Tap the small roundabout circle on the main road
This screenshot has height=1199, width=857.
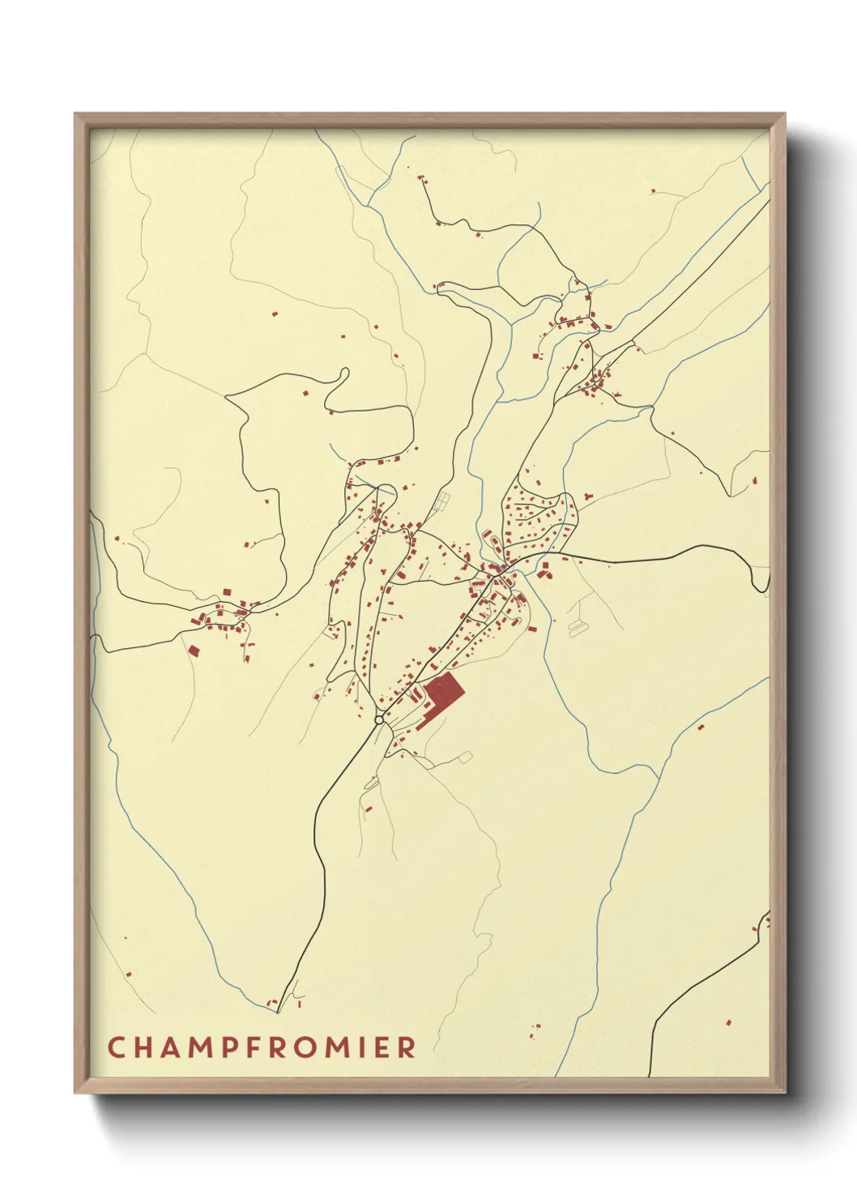pos(378,719)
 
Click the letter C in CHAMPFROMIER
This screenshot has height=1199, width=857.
pos(116,1047)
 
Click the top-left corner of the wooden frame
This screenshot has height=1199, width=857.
pos(75,114)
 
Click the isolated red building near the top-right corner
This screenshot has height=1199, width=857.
pos(653,191)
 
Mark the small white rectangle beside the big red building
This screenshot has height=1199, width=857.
pos(464,757)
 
